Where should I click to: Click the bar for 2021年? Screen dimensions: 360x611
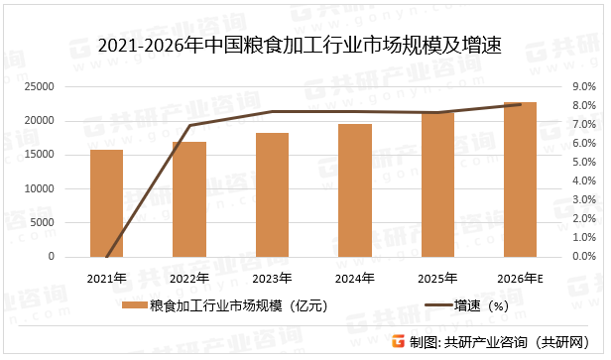(x=106, y=203)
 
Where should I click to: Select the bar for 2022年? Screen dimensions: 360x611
(x=188, y=199)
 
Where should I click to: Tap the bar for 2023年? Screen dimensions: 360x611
(x=272, y=194)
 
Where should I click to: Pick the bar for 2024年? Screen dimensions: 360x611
(x=354, y=190)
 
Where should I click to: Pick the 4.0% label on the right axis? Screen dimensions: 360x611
(x=584, y=181)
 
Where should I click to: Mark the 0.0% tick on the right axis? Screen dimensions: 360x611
(x=584, y=257)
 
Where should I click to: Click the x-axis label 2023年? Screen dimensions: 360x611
(x=272, y=278)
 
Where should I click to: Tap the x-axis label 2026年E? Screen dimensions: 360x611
(x=522, y=278)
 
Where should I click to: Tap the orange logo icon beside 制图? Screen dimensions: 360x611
(x=398, y=342)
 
